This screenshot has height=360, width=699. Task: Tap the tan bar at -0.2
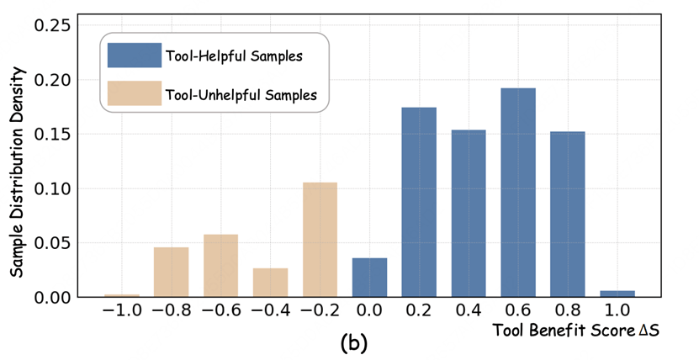point(320,239)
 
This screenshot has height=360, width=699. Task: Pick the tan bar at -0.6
point(220,265)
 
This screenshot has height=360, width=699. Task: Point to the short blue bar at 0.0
point(369,277)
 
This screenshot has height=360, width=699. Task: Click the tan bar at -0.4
point(270,282)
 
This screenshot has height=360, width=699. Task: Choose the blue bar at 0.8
point(568,214)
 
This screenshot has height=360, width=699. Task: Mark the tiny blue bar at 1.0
point(617,293)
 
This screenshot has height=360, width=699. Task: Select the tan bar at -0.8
point(171,271)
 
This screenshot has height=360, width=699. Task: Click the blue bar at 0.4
point(469,213)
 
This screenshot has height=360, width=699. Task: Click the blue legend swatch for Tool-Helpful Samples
point(134,56)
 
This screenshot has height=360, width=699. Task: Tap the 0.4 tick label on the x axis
point(469,310)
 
